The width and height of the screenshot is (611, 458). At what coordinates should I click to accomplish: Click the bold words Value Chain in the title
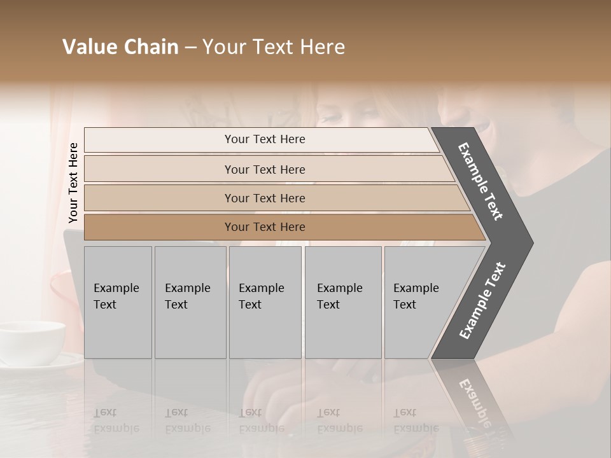[120, 47]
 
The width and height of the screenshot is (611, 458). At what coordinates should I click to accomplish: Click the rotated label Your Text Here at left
[73, 183]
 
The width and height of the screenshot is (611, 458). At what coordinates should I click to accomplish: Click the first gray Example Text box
[118, 302]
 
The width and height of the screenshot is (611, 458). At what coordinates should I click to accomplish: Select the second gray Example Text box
[190, 302]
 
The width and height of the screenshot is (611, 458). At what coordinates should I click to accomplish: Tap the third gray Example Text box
[265, 302]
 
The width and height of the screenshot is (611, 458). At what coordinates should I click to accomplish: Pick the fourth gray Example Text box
[343, 302]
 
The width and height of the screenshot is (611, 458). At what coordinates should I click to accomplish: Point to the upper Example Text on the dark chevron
[481, 181]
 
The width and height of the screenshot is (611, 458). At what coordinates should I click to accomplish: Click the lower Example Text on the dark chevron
[482, 301]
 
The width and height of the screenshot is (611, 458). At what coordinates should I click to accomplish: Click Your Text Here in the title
[274, 47]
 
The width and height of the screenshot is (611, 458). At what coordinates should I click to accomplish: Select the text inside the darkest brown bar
[265, 227]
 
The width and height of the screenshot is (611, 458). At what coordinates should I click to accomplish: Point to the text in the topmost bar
[265, 139]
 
